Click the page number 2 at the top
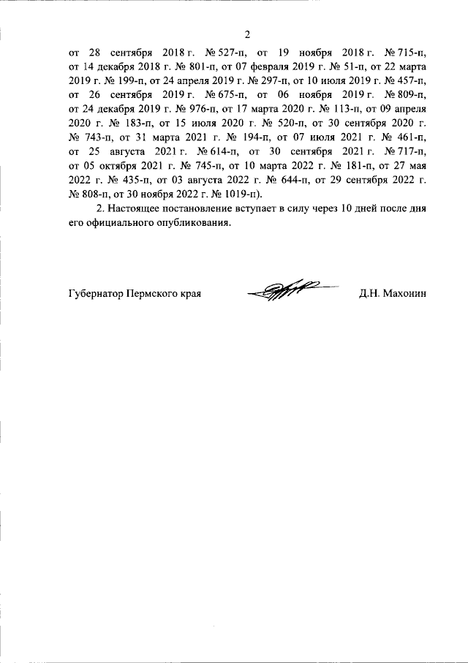[247, 34]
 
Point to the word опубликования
[197, 223]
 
